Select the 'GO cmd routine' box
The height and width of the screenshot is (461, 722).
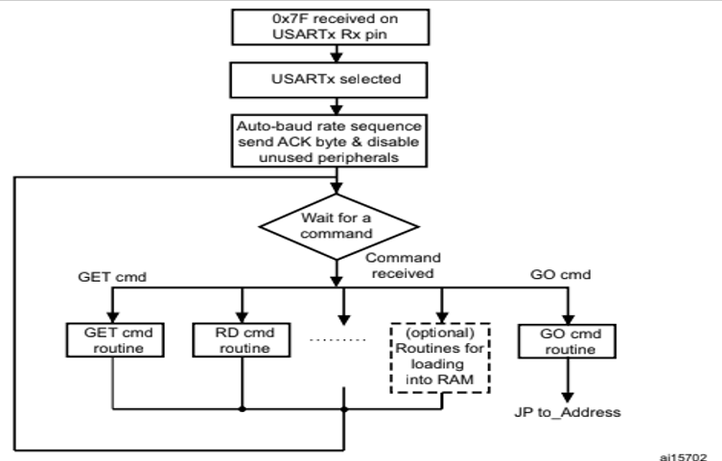[565, 339]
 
